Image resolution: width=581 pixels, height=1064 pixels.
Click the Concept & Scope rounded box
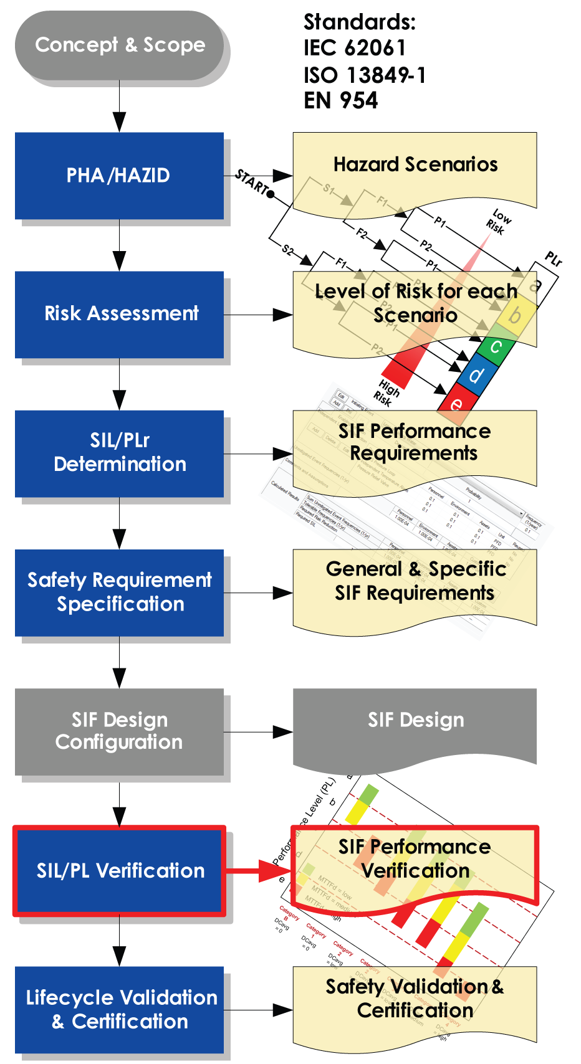120,45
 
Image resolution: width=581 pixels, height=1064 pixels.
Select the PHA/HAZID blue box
119,176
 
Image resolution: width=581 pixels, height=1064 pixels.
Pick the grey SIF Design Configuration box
119,731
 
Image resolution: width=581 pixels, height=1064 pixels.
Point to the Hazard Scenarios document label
415,164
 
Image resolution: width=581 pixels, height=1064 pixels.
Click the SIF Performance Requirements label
415,442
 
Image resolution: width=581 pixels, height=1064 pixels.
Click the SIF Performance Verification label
415,858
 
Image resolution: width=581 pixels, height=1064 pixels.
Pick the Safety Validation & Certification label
415,998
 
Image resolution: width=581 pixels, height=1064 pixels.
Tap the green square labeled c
496,346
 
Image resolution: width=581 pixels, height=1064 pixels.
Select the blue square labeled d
476,375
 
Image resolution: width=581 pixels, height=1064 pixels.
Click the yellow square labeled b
515,315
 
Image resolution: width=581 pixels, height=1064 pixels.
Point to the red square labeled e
457,403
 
